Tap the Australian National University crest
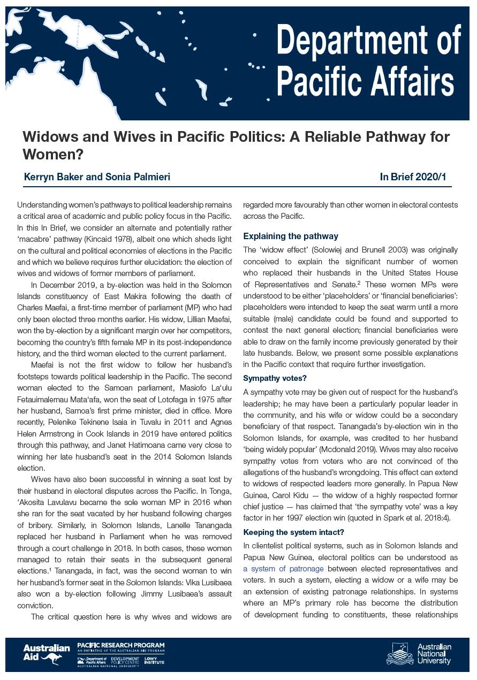point(400,654)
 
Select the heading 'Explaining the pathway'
point(291,236)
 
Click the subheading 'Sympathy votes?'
point(275,378)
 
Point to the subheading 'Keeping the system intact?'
point(293,532)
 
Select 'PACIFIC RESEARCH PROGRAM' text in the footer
point(121,646)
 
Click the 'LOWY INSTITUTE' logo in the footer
point(154,661)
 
